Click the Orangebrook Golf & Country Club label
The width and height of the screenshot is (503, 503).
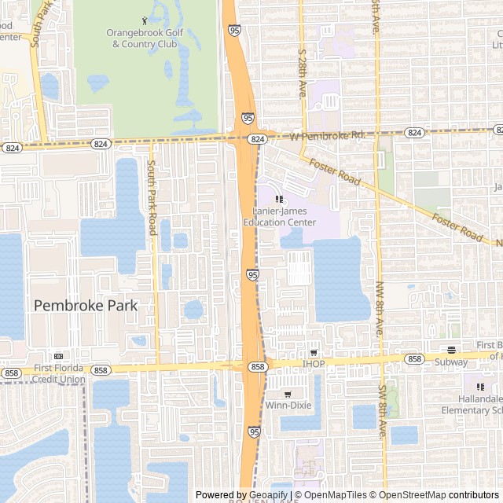tap(144, 38)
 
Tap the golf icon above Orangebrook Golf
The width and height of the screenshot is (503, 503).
tap(144, 20)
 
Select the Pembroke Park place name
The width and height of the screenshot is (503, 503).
tap(85, 305)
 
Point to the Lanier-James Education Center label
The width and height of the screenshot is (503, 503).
tap(279, 217)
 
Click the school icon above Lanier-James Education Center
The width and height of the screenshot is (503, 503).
tap(278, 199)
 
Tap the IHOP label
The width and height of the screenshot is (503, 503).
tap(314, 365)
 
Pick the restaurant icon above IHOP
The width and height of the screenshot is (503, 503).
tap(314, 353)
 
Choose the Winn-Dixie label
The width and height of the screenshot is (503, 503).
tap(288, 406)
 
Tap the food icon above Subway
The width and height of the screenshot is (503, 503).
tap(451, 350)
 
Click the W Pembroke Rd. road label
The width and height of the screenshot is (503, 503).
tap(328, 136)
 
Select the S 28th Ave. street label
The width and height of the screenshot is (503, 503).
tap(301, 74)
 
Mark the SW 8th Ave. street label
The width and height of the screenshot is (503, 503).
tap(383, 413)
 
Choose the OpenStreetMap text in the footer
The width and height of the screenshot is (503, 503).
tap(409, 495)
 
